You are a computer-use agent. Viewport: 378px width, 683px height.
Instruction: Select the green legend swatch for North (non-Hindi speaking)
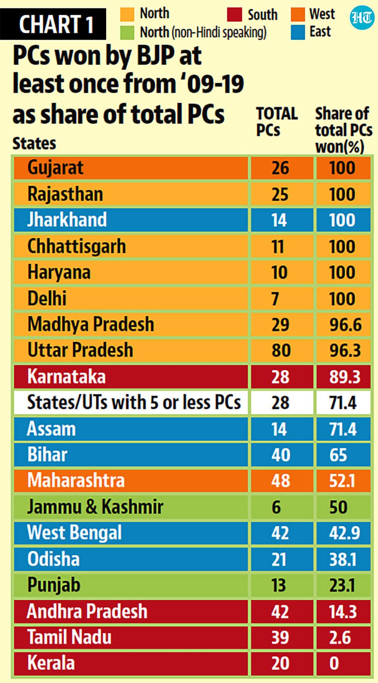pyautogui.click(x=127, y=33)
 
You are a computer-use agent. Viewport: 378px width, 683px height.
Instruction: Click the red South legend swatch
pyautogui.click(x=234, y=14)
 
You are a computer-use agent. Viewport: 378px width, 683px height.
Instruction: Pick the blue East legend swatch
pyautogui.click(x=298, y=33)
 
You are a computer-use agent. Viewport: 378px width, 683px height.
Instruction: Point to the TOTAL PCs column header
pyautogui.click(x=277, y=121)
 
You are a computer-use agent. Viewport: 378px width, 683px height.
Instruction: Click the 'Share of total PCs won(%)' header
pyautogui.click(x=344, y=130)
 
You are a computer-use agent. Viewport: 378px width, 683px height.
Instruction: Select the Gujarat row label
pyautogui.click(x=55, y=168)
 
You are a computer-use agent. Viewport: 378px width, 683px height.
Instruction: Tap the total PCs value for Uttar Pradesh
pyautogui.click(x=281, y=350)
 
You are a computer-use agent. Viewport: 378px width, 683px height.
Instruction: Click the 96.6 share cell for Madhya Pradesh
pyautogui.click(x=345, y=325)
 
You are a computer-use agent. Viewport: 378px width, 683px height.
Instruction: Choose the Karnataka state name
pyautogui.click(x=67, y=377)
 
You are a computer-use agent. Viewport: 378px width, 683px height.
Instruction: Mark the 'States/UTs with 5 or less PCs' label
pyautogui.click(x=134, y=402)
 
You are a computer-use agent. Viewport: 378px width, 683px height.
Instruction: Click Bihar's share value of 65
pyautogui.click(x=338, y=455)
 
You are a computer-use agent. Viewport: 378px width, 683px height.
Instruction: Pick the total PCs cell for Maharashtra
pyautogui.click(x=280, y=481)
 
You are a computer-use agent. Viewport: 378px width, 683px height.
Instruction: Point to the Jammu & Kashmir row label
pyautogui.click(x=95, y=507)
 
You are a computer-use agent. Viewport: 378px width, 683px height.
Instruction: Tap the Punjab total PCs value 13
pyautogui.click(x=278, y=585)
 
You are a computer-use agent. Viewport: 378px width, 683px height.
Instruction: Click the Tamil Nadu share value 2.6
pyautogui.click(x=340, y=638)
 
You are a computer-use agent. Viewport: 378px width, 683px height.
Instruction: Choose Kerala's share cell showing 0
pyautogui.click(x=334, y=663)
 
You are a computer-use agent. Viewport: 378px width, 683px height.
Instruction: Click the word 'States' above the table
pyautogui.click(x=34, y=143)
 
